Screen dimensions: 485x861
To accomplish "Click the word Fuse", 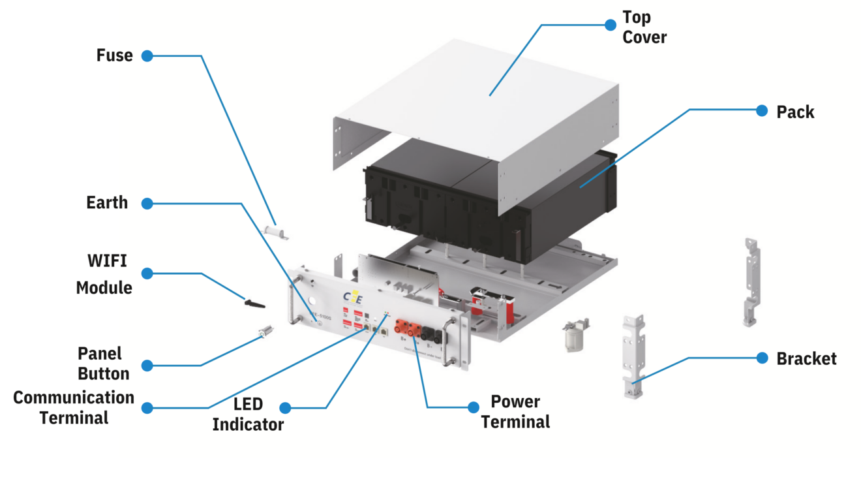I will (114, 55).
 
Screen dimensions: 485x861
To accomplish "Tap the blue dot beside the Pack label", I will (761, 111).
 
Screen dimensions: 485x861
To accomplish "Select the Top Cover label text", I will (644, 27).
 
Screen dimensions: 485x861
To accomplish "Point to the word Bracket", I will (806, 358).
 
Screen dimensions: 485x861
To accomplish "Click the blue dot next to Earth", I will (147, 204).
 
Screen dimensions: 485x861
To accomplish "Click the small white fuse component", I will (275, 231).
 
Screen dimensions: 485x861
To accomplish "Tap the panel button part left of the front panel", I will (266, 333).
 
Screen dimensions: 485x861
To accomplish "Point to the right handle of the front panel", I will (451, 340).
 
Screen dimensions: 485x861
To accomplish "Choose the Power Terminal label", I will (515, 412).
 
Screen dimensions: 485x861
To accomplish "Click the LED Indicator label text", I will (248, 415).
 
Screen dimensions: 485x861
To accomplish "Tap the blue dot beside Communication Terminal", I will (147, 408).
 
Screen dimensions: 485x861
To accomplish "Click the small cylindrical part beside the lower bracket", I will (575, 336).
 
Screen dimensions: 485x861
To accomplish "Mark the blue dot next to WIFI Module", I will (147, 274).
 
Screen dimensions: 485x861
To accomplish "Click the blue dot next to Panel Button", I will (147, 366).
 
